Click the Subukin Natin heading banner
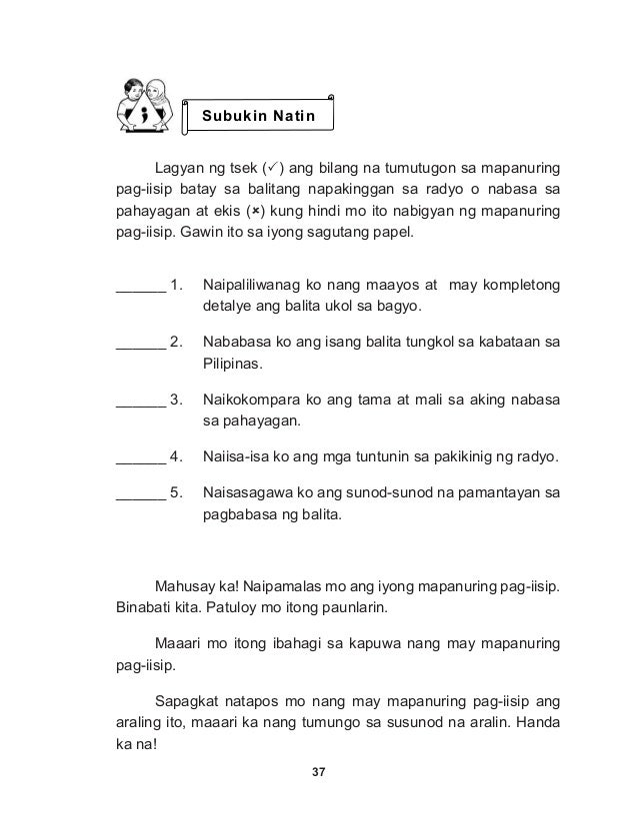(259, 117)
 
